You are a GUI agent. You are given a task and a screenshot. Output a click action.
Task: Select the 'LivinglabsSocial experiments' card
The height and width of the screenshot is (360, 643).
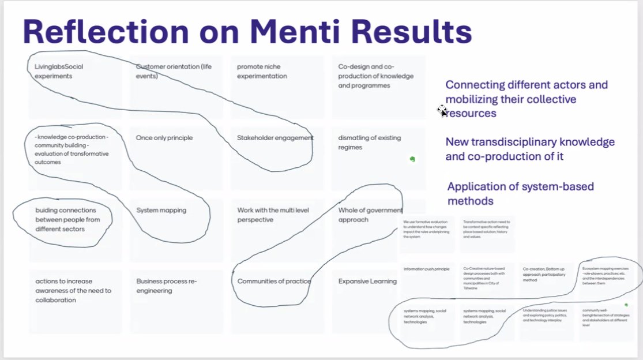(59, 71)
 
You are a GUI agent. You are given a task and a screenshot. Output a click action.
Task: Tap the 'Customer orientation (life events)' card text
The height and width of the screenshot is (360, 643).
(174, 71)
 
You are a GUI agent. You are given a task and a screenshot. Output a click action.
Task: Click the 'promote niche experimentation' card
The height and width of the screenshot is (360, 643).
(262, 71)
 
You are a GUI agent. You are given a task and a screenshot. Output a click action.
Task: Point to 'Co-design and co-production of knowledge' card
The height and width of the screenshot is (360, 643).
(364, 76)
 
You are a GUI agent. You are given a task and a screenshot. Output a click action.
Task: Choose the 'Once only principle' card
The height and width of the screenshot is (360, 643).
(164, 138)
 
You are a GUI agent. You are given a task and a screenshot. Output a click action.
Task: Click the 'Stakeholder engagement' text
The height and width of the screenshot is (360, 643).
(275, 138)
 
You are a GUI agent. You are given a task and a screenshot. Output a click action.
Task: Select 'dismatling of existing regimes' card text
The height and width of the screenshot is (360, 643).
(369, 142)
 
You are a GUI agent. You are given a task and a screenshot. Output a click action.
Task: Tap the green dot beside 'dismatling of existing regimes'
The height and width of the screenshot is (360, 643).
(412, 159)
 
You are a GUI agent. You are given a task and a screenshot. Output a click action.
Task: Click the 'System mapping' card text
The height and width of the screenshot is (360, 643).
(161, 211)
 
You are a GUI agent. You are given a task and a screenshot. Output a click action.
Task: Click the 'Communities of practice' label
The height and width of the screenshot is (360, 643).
(274, 282)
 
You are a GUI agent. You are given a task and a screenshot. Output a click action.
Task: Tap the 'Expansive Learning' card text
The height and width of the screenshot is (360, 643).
(367, 282)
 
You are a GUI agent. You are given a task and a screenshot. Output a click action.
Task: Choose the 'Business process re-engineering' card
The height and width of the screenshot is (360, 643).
(167, 286)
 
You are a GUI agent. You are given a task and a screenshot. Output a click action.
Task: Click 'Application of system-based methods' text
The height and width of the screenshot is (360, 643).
(520, 193)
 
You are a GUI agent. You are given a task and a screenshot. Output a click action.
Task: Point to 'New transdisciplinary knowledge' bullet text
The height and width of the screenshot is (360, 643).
(530, 148)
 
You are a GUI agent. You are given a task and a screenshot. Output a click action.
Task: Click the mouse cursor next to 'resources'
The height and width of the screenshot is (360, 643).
(442, 111)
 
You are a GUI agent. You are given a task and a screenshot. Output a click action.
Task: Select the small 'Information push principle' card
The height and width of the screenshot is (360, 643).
(426, 269)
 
